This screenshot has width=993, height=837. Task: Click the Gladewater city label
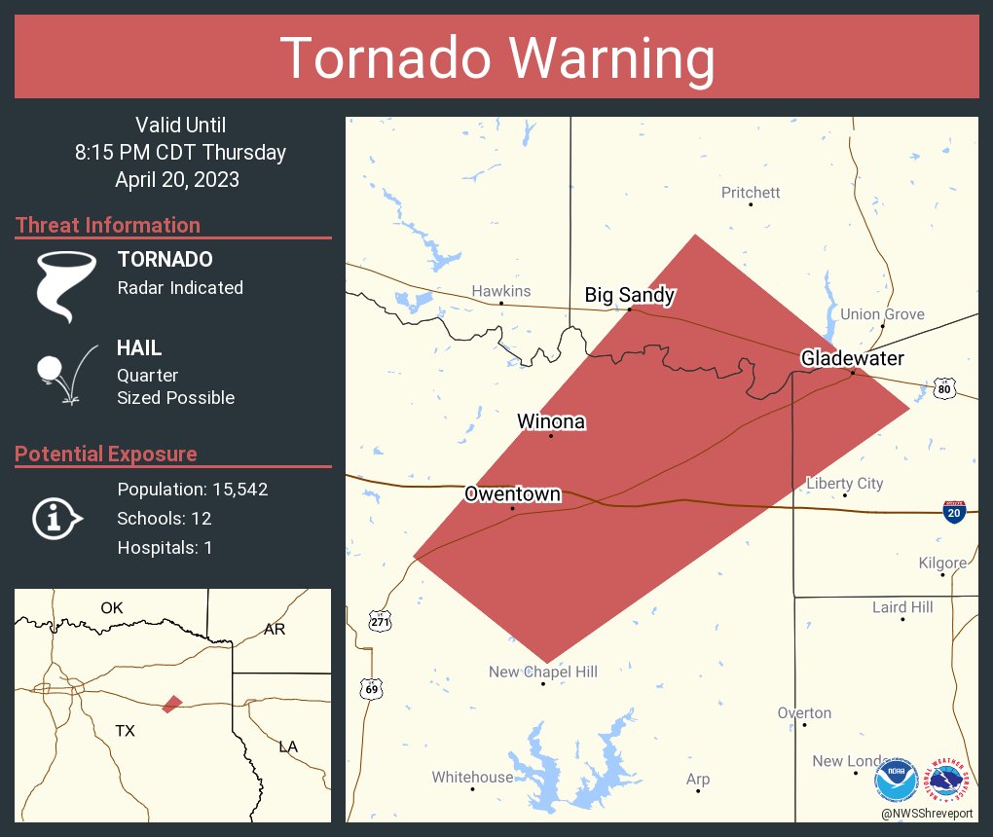(x=852, y=358)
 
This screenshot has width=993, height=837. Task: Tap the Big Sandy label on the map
(x=629, y=295)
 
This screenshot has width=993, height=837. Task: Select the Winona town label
(x=550, y=421)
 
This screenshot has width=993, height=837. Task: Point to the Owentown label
(x=512, y=494)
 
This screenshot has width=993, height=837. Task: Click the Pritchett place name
(x=751, y=193)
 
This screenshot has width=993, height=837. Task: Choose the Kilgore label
(x=942, y=563)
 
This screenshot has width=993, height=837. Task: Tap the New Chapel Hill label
(x=542, y=672)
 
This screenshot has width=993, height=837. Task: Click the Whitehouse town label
(x=472, y=777)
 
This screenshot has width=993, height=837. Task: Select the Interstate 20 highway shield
(x=955, y=512)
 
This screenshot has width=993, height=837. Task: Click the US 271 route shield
(x=380, y=619)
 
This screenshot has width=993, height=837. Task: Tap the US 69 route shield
(x=371, y=688)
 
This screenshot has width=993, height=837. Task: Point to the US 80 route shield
(x=942, y=388)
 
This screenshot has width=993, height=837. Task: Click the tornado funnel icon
(x=66, y=284)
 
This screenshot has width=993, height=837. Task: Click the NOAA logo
(x=896, y=780)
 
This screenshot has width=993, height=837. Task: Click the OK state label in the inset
(x=112, y=608)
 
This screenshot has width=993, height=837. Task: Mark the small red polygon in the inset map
(x=172, y=703)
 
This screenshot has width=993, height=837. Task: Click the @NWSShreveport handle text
(x=927, y=814)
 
